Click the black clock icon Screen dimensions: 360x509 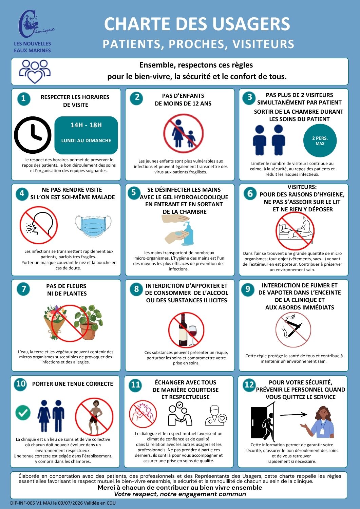click(33, 135)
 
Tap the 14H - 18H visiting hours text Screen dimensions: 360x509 click(86, 125)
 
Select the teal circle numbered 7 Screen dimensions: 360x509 click(23, 289)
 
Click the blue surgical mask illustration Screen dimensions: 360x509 click(93, 226)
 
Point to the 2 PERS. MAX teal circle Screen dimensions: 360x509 click(320, 140)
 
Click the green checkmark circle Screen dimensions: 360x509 click(23, 412)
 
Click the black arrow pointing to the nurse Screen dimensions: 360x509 click(293, 414)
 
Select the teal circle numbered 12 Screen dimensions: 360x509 click(249, 384)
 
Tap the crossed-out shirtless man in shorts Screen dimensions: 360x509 click(94, 417)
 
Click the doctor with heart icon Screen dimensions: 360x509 click(216, 415)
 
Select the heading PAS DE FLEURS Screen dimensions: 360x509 click(67, 286)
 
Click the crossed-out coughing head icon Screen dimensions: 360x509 click(39, 225)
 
